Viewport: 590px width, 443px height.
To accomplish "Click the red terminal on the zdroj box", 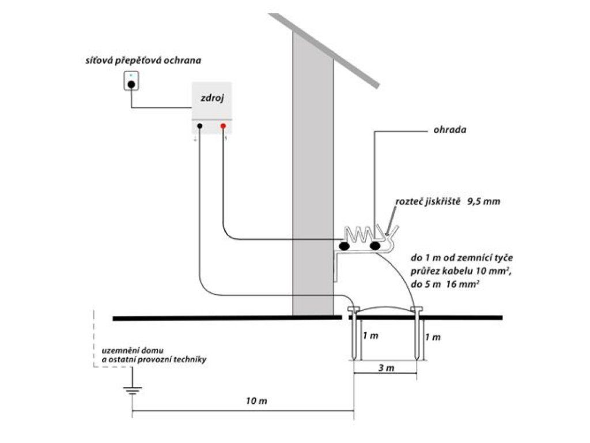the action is [223, 126].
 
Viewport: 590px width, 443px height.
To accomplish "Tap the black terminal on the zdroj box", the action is [200, 126].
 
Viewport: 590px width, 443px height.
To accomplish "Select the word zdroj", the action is [212, 98].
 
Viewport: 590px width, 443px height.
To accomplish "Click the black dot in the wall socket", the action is [131, 85].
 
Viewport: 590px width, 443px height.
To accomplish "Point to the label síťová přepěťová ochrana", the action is [143, 60].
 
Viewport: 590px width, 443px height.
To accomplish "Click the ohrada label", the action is [449, 130].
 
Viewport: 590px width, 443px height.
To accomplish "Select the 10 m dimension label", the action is [256, 401].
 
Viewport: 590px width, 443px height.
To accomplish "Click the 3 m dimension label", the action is [386, 368].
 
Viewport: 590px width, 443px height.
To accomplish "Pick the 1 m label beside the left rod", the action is [370, 336].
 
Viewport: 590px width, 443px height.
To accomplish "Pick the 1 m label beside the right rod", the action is [433, 337].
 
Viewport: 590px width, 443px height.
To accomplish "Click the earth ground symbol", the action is [133, 391].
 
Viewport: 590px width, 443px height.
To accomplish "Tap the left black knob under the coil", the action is [344, 246].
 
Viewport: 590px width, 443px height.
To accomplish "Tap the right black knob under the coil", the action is [375, 246].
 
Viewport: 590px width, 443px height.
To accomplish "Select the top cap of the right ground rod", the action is [417, 309].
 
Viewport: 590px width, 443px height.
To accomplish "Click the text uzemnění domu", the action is [133, 351].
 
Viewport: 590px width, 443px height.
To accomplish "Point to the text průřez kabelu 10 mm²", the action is [460, 271].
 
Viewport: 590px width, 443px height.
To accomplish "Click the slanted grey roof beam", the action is [324, 51].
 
